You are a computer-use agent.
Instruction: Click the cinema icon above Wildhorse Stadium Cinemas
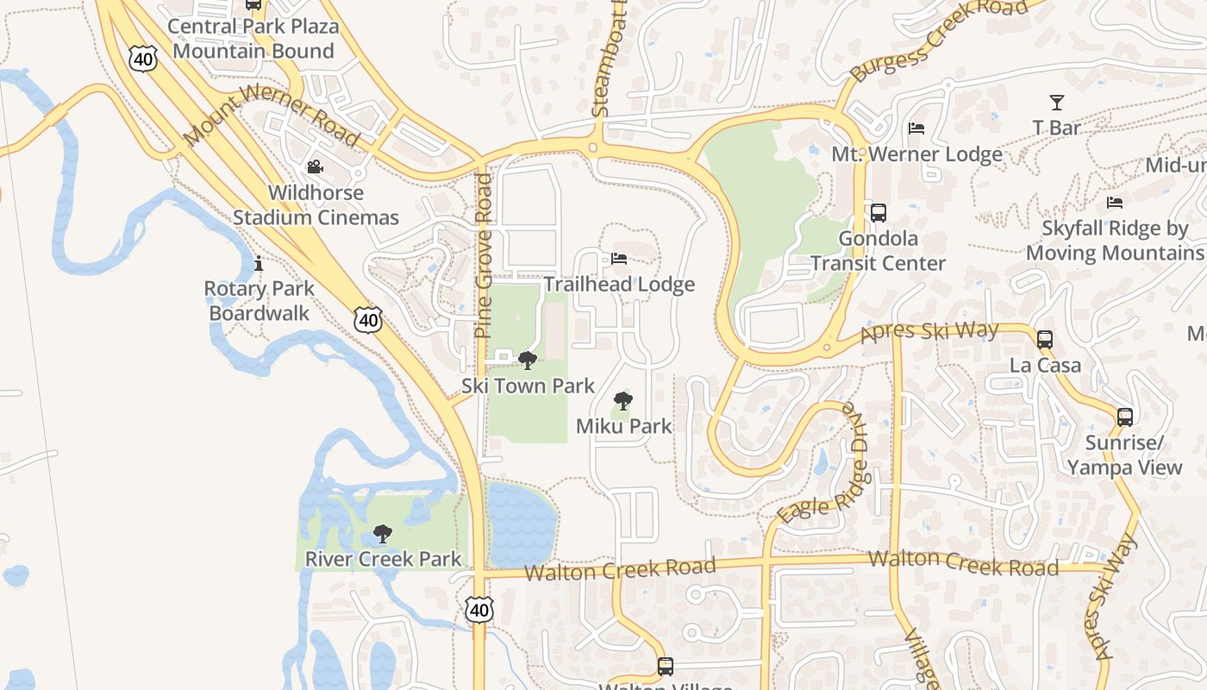pos(315,166)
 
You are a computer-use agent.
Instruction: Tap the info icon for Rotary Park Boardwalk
pos(258,263)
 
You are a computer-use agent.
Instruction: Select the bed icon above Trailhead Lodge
pos(618,258)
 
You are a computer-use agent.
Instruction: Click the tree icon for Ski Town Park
pos(527,360)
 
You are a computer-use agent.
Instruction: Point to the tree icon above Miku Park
pos(622,400)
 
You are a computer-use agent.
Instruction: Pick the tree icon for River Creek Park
pos(382,534)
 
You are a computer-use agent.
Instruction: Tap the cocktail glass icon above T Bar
pos(1056,102)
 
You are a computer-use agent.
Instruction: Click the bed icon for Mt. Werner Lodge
pos(916,129)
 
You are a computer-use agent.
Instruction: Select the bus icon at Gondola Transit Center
pos(878,212)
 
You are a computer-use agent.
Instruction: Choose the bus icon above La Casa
pos(1045,339)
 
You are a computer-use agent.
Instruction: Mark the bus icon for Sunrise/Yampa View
pos(1124,417)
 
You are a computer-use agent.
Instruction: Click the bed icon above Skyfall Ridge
pos(1115,203)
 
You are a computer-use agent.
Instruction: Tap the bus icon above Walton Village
pos(665,666)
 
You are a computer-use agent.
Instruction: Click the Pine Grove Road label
pos(484,255)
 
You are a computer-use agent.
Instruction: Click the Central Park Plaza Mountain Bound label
pos(253,38)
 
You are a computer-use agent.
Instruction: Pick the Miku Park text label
pos(623,426)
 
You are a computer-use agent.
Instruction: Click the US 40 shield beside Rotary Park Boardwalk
pos(368,320)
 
